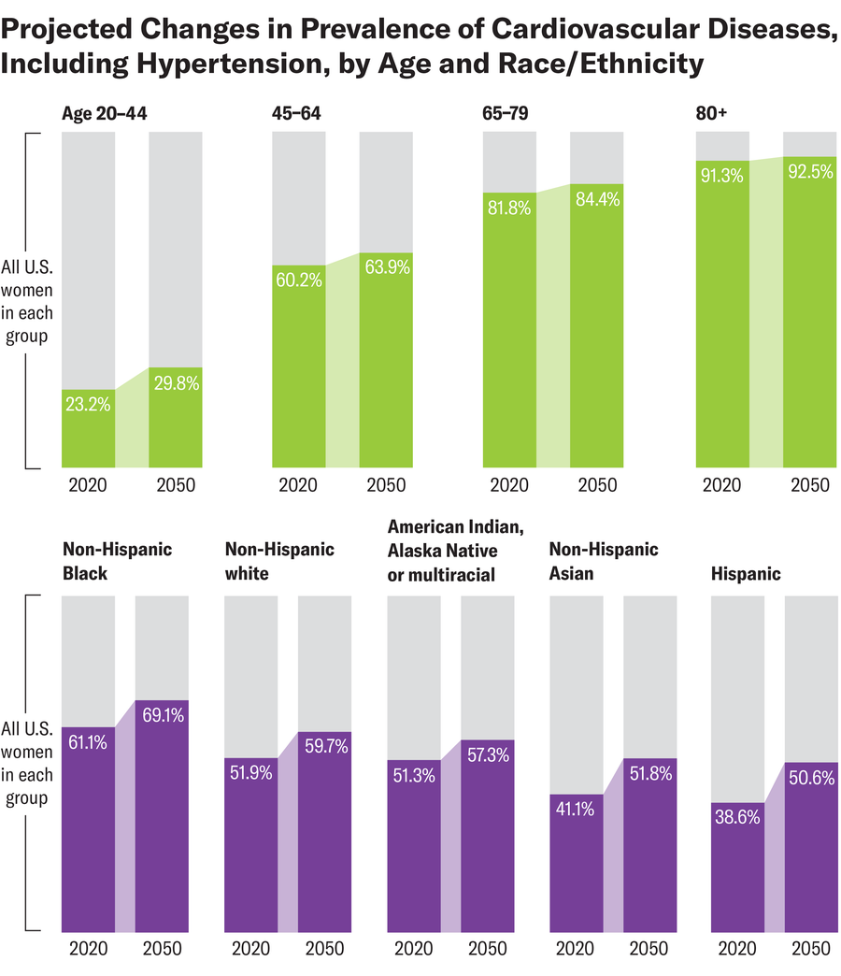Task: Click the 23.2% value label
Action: [x=88, y=405]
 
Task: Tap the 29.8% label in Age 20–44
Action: [x=176, y=382]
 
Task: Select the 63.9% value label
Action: [x=386, y=268]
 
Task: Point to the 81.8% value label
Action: [x=509, y=208]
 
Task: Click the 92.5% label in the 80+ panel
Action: [x=809, y=172]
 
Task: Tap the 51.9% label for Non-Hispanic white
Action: [x=251, y=773]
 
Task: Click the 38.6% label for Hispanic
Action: [x=737, y=816]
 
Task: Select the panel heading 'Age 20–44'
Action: [x=104, y=114]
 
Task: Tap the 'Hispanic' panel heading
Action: [x=746, y=574]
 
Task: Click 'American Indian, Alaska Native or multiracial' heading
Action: [x=442, y=551]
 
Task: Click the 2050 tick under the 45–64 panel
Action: [x=386, y=485]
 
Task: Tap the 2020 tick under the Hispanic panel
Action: [x=737, y=948]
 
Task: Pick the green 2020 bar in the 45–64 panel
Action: [x=298, y=374]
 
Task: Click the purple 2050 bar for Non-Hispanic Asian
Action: [x=649, y=851]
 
